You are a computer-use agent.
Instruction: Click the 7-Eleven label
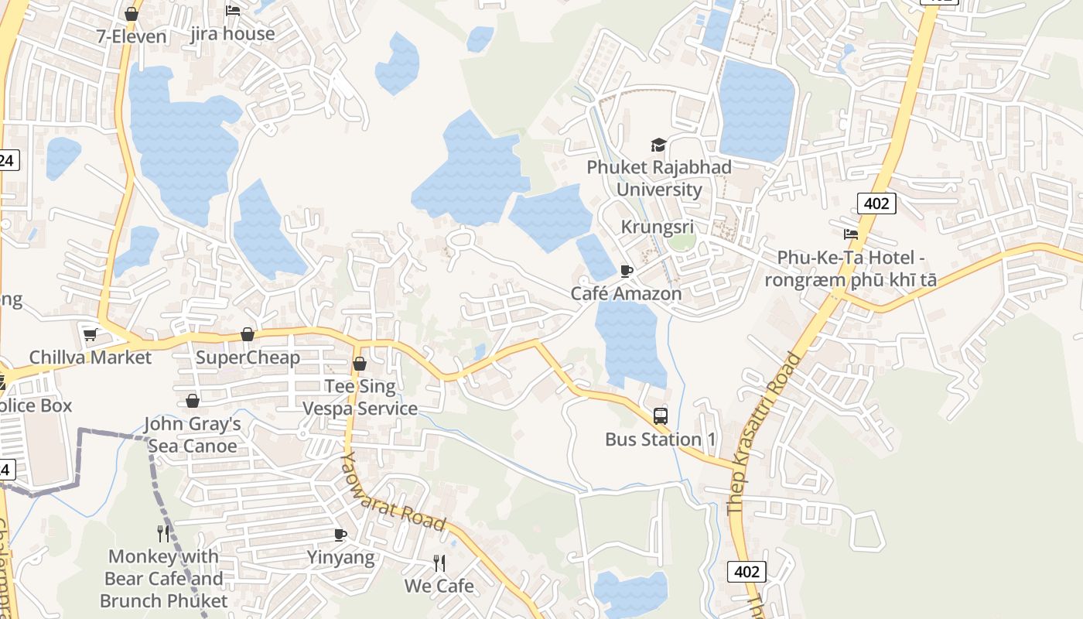(x=132, y=36)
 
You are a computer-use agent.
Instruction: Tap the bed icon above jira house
(x=232, y=11)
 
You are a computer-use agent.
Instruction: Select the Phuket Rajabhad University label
(x=659, y=178)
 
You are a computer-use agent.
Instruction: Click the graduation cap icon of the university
(x=658, y=145)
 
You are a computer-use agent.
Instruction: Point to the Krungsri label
(x=658, y=227)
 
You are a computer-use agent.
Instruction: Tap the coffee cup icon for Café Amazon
(x=627, y=271)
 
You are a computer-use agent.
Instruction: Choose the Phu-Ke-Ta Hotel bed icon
(x=851, y=234)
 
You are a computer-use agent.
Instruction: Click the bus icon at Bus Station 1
(x=660, y=416)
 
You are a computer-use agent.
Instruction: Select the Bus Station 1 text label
(x=661, y=439)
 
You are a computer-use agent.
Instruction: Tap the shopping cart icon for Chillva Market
(x=91, y=335)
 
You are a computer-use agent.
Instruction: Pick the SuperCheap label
(x=248, y=357)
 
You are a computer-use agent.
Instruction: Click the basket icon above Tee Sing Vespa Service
(x=360, y=364)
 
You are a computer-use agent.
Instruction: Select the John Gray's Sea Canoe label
(x=193, y=435)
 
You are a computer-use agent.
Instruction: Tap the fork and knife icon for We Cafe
(x=439, y=563)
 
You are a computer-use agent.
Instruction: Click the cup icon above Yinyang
(x=340, y=535)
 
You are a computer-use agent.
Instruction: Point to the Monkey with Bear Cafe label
(x=164, y=578)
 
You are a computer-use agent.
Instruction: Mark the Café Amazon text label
(x=627, y=294)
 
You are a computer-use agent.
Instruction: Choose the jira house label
(x=233, y=34)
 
